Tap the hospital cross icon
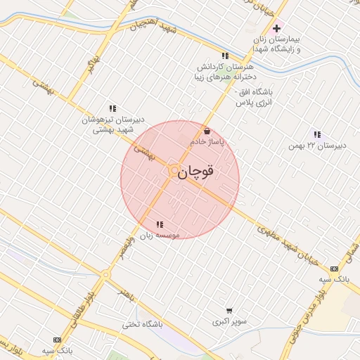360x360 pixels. (276, 29)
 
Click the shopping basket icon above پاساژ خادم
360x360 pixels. (206, 131)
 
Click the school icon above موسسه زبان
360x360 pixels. (158, 224)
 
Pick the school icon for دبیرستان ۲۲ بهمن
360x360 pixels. (316, 134)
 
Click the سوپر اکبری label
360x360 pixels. (230, 323)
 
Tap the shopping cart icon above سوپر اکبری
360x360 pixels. (229, 311)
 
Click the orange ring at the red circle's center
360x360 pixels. (174, 170)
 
